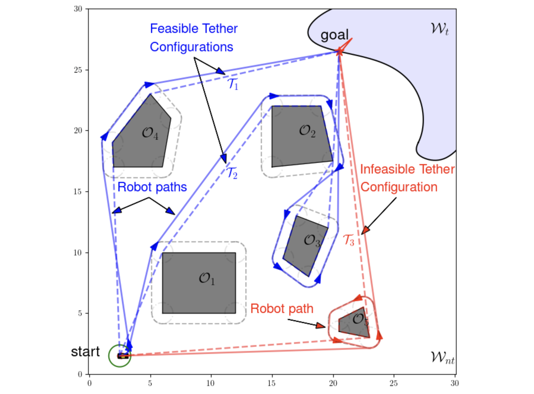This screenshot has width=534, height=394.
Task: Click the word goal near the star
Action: click(x=334, y=35)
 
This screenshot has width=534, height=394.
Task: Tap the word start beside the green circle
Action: click(x=85, y=352)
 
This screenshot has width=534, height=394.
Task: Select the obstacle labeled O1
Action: click(x=199, y=283)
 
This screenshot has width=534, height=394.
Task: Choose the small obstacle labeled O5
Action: click(x=355, y=323)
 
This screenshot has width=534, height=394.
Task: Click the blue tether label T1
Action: click(x=233, y=84)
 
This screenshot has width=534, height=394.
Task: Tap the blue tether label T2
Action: click(x=232, y=173)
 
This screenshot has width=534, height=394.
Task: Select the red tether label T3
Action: click(x=349, y=240)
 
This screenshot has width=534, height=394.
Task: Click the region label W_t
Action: click(x=440, y=29)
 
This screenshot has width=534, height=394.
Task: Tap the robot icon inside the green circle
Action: click(x=123, y=356)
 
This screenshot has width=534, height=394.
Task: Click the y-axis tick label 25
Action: click(x=78, y=70)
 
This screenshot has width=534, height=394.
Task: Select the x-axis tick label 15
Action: click(x=271, y=383)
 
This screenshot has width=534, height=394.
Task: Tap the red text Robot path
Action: click(x=282, y=309)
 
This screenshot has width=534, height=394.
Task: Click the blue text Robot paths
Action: click(x=152, y=187)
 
